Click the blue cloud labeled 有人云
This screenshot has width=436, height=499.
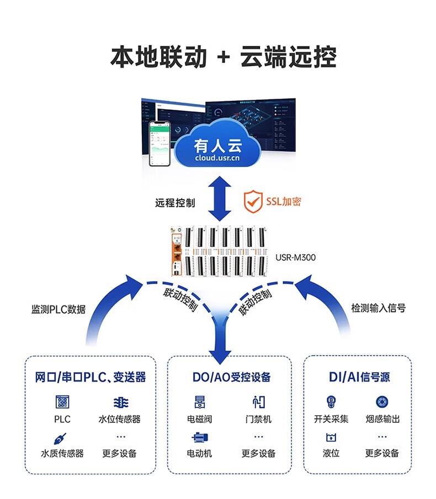point(217,148)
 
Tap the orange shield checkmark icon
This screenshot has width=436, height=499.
point(253,202)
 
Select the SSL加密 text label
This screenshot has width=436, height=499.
point(284,202)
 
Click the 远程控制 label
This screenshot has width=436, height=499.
point(174,202)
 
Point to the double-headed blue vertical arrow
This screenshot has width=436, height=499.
point(219,198)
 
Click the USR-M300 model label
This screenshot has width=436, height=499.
point(295,257)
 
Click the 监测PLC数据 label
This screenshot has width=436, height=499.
point(59,309)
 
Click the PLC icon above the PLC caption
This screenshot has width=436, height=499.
point(62,401)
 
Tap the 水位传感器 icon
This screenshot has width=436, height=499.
point(120,402)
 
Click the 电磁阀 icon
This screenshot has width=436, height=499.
point(199,401)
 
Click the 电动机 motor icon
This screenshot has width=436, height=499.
point(199,438)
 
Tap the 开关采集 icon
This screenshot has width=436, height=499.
point(331,401)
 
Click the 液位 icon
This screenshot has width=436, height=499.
point(331,438)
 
